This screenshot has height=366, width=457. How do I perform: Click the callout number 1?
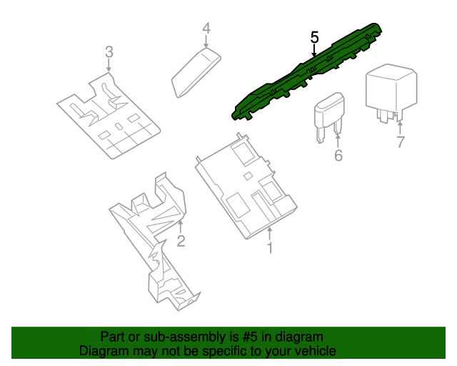click(x=270, y=248)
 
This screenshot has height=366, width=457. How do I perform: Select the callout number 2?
click(x=181, y=241)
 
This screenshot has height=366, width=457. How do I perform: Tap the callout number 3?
click(x=109, y=51)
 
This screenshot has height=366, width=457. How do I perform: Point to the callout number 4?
click(x=206, y=29)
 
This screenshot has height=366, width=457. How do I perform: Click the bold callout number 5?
click(x=314, y=36)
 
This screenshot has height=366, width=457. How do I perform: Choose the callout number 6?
click(x=338, y=155)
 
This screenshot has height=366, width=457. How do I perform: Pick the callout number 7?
click(x=400, y=142)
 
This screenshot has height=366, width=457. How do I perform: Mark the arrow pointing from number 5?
click(x=314, y=50)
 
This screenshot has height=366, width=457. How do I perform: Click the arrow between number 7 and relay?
click(x=400, y=127)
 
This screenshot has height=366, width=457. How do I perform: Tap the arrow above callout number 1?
click(x=270, y=233)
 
